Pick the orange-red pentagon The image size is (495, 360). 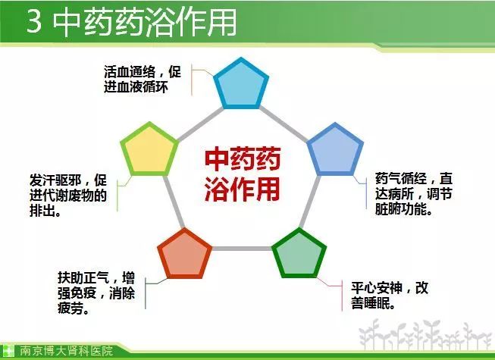tap(185, 255)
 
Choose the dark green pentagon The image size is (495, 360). tap(299, 255)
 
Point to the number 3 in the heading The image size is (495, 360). tap(34, 21)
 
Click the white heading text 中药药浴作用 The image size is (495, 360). tap(144, 22)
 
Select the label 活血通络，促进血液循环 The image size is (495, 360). tap(143, 79)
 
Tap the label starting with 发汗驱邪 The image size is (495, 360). tap(68, 196)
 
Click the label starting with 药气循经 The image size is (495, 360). tap(414, 194)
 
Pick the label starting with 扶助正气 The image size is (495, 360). tap(96, 293)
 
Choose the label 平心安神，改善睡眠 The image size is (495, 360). tap(390, 296)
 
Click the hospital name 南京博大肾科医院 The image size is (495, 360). tap(66, 351)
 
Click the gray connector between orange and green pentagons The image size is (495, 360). tap(242, 249)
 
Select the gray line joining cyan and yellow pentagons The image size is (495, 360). tap(200, 124)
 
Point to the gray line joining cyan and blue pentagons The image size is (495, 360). tap(283, 124)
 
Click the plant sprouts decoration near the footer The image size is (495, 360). tap(426, 333)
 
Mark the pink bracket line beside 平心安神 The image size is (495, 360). tap(342, 295)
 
